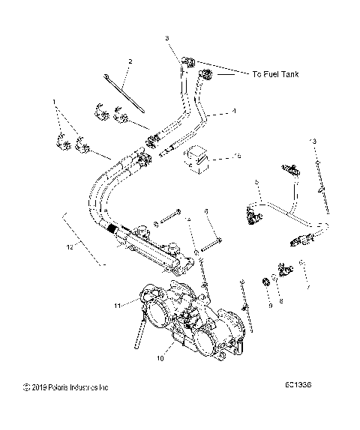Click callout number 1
click(x=53, y=100)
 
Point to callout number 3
click(x=167, y=37)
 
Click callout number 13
click(x=313, y=141)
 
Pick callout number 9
click(x=270, y=306)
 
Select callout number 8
click(x=282, y=301)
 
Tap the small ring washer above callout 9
click(x=266, y=282)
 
